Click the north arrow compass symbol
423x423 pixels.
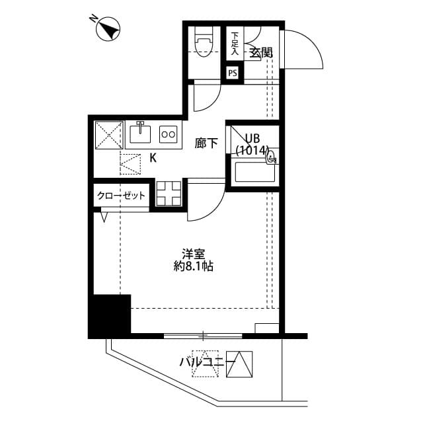108,30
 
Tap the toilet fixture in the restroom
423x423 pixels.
204,44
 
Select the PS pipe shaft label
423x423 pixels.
233,73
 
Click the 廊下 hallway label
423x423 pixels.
206,142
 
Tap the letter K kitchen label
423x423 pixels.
153,158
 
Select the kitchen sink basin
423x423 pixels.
141,134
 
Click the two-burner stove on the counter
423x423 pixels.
169,134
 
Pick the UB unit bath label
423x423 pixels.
252,138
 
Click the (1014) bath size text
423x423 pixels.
252,151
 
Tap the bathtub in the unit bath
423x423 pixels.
256,173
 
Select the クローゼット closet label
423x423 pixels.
121,196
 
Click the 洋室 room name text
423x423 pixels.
193,252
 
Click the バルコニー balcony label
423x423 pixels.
202,362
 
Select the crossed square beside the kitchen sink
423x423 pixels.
108,134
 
